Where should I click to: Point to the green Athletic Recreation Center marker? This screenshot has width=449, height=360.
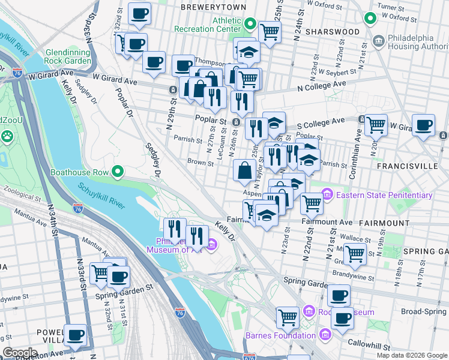click(x=250, y=25)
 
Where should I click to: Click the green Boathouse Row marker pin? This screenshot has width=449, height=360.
click(x=118, y=172)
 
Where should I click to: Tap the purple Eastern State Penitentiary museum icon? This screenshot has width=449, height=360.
click(x=327, y=195)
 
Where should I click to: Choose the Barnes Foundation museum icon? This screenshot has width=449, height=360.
click(x=325, y=334)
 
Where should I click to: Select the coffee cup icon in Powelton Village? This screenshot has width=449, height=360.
click(x=75, y=335)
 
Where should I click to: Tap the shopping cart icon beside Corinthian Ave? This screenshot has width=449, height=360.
click(x=376, y=125)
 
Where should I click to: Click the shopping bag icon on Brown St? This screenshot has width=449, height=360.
click(x=245, y=171)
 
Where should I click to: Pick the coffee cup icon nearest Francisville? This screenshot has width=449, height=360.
click(x=423, y=125)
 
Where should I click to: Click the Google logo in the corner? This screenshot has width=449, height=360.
click(x=20, y=352)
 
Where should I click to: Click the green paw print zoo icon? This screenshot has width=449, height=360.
click(x=7, y=136)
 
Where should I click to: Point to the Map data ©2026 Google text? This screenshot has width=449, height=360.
click(x=411, y=355)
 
